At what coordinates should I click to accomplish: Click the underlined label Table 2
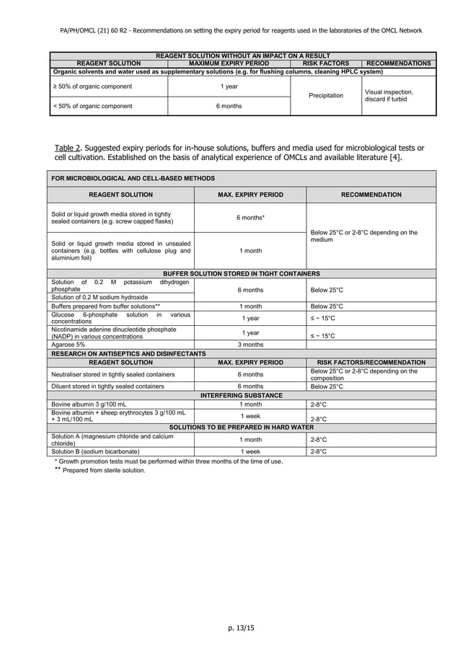point(69,149)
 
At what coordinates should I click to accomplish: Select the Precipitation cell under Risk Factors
point(326,96)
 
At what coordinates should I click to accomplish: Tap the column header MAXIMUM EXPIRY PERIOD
point(229,63)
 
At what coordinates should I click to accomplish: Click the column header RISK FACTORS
point(326,63)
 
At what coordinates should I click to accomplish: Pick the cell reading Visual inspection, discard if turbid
point(389,96)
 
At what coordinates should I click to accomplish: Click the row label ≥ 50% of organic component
point(92,87)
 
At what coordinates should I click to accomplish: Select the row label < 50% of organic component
point(92,106)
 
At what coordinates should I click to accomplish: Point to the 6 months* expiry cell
point(250,218)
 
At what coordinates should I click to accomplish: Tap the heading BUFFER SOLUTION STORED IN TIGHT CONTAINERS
point(242,274)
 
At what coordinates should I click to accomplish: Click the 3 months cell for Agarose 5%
point(250,345)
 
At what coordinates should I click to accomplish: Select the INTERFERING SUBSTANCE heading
point(242,395)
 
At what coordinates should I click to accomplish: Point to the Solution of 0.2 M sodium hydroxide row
point(100,297)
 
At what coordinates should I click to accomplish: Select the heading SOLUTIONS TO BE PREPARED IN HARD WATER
point(242,428)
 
